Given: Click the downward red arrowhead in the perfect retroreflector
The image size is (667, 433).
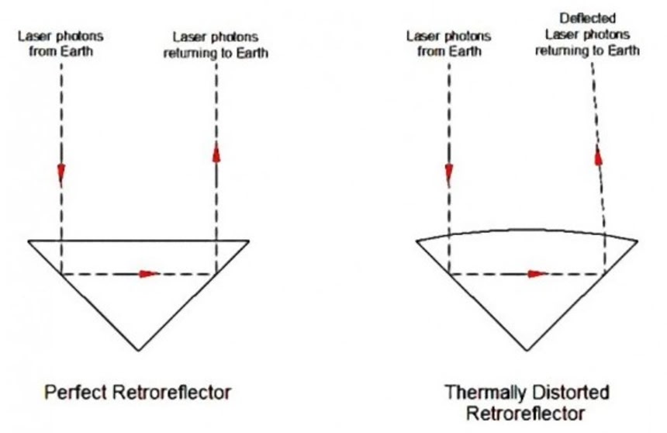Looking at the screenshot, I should (x=60, y=171).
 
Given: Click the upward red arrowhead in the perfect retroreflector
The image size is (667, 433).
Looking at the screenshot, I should (x=216, y=152).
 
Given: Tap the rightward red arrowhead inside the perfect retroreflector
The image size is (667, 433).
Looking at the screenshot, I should (x=148, y=273).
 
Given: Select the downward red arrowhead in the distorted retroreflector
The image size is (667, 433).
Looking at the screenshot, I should (x=448, y=171).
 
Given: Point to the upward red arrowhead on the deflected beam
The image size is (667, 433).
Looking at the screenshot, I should (x=598, y=156).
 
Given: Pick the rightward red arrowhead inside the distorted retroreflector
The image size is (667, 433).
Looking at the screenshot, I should (x=535, y=273).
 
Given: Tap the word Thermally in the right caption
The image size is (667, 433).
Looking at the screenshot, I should (x=482, y=392).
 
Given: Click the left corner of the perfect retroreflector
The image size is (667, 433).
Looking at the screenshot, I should (x=29, y=241).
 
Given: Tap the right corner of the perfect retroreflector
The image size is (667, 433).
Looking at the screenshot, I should (x=249, y=241).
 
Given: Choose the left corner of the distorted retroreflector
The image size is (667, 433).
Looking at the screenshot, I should (x=416, y=241).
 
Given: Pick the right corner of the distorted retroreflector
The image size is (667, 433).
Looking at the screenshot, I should (x=638, y=241).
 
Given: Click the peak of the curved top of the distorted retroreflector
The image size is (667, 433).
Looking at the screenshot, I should (x=527, y=229).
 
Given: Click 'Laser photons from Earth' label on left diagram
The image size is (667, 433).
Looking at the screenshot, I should (x=60, y=43).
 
